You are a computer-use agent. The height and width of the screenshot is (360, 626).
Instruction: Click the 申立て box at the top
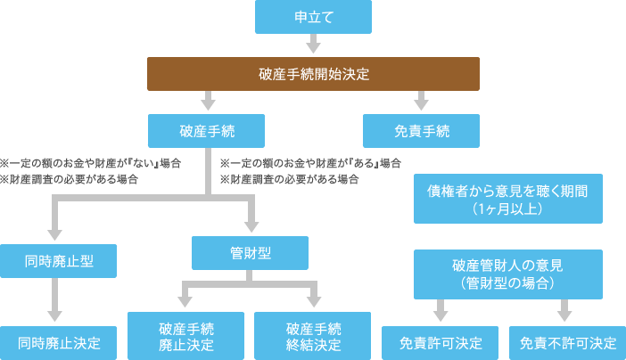point(313,17)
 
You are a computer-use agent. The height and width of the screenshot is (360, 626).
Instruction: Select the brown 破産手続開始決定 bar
point(313,74)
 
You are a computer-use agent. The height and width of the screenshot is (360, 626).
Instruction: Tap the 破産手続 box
point(208,131)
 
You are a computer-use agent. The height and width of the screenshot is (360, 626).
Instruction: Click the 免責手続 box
point(421,131)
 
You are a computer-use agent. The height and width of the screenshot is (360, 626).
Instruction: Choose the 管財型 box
point(251,253)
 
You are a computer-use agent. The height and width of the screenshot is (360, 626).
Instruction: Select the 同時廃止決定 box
point(58,341)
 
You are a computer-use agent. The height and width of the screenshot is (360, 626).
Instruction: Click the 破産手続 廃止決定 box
point(185,335)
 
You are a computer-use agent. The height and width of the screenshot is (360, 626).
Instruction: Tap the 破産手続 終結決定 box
point(313,335)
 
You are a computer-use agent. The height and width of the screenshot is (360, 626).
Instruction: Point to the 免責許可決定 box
point(441,342)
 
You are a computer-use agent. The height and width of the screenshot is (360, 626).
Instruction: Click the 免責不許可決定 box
point(567,342)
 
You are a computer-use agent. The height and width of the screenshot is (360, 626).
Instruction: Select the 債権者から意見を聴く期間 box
point(508,199)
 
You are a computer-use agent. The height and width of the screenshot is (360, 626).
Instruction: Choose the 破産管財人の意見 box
point(508,274)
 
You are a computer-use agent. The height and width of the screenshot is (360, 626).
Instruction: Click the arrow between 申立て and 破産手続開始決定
point(313,45)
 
